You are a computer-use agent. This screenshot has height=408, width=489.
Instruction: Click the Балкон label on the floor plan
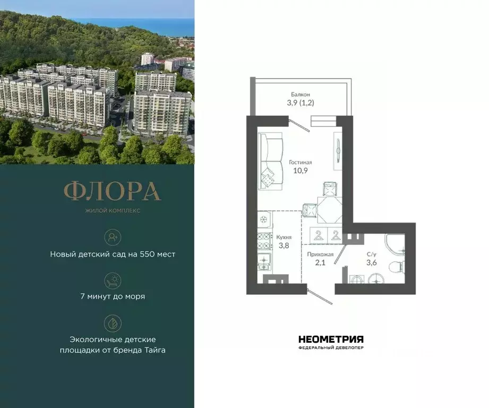[x=300, y=93]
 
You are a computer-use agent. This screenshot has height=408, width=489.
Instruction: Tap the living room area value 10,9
[x=300, y=171]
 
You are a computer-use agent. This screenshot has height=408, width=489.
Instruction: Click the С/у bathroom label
[x=373, y=254]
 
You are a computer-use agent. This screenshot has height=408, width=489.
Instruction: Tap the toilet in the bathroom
[x=397, y=265]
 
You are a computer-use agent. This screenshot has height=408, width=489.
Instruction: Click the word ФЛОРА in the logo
[x=112, y=192]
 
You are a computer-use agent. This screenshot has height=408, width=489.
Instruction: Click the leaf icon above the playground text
[x=113, y=322]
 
